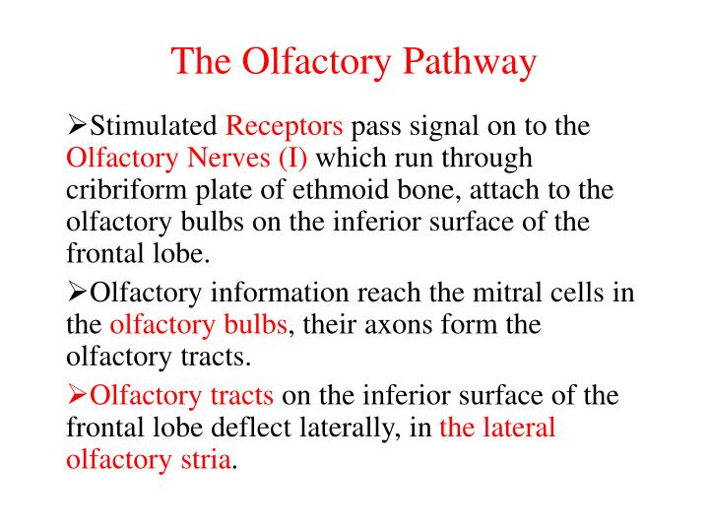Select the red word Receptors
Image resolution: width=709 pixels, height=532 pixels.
285,126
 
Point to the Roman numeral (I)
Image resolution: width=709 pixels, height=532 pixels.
292,158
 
